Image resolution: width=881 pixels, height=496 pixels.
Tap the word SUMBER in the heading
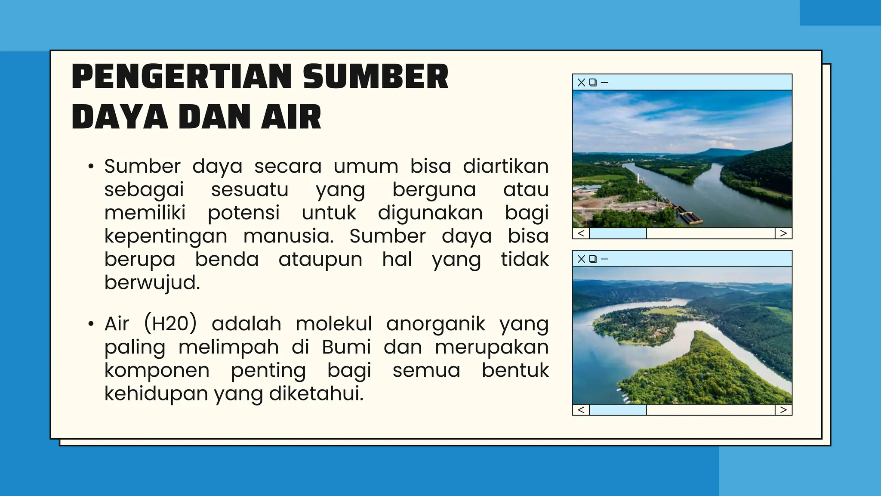[376, 77]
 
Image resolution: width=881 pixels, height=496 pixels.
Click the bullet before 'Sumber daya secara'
[90, 167]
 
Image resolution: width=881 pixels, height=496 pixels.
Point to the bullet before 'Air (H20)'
[90, 324]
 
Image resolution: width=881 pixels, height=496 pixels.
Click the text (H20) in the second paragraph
[170, 324]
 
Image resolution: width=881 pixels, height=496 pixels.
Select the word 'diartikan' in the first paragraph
[505, 166]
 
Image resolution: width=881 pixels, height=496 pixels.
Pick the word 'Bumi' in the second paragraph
[346, 347]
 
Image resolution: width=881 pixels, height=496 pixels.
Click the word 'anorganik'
[435, 324]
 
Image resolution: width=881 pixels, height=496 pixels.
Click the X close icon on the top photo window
[581, 82]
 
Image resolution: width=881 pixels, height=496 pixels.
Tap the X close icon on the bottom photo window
[581, 259]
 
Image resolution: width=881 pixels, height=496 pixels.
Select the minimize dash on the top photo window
[604, 82]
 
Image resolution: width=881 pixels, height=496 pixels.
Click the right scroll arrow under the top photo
[783, 233]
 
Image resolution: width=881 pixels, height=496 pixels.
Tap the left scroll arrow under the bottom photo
[581, 410]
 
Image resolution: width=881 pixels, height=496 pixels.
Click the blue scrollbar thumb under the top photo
[618, 233]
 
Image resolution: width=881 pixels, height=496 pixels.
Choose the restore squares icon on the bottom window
[593, 259]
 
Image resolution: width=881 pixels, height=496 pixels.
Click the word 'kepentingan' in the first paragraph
[166, 236]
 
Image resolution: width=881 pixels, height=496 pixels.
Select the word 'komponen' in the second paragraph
[157, 370]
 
